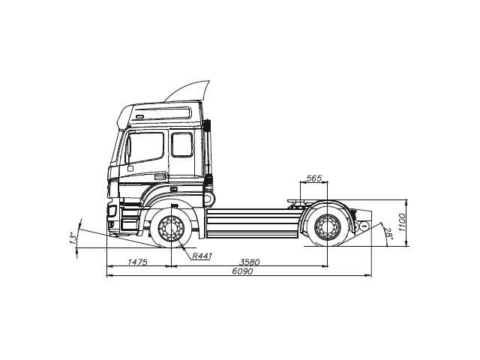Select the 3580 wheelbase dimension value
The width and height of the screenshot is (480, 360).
click(x=249, y=261)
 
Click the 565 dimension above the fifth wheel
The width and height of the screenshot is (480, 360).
click(x=314, y=178)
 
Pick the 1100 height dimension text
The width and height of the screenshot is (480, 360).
click(x=402, y=223)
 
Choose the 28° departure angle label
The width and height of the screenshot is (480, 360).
click(x=389, y=234)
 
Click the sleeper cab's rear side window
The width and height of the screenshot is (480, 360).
click(x=182, y=144)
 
